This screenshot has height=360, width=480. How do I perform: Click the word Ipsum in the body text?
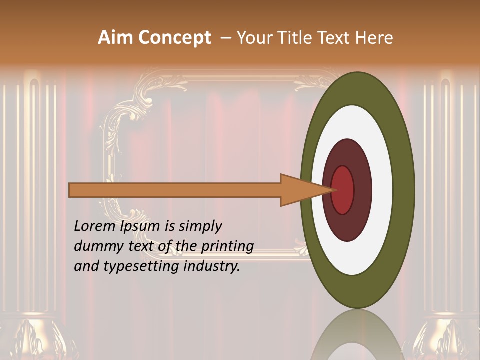141,227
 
